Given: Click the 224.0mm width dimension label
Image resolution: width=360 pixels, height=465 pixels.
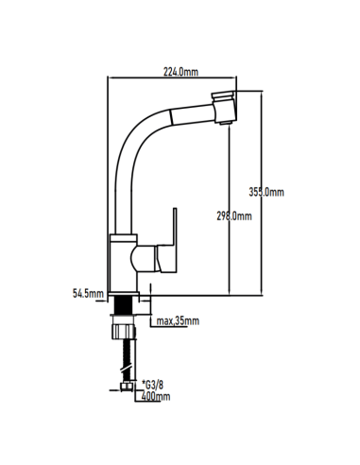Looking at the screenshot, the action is pyautogui.click(x=180, y=72).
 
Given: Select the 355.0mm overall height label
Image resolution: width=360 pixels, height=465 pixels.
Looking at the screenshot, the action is pyautogui.click(x=266, y=192).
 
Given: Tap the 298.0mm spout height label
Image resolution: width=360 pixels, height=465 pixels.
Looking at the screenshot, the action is pyautogui.click(x=234, y=216).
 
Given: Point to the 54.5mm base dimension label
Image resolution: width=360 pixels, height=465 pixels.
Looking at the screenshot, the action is pyautogui.click(x=88, y=294).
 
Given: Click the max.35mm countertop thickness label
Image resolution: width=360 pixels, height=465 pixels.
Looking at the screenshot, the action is pyautogui.click(x=178, y=321).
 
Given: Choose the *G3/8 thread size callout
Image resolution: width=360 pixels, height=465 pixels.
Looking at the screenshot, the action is pyautogui.click(x=153, y=385).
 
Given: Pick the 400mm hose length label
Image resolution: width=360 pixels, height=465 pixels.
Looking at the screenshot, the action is pyautogui.click(x=156, y=396).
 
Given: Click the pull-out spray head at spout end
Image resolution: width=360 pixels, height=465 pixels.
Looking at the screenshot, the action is pyautogui.click(x=224, y=108).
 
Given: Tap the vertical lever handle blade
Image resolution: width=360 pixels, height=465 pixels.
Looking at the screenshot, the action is pyautogui.click(x=175, y=227).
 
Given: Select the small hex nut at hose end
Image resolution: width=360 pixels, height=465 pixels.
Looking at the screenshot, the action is pyautogui.click(x=127, y=387).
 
